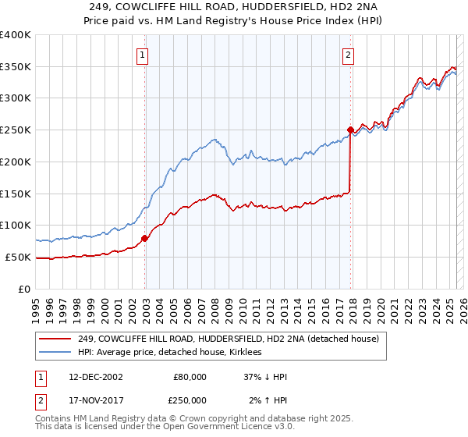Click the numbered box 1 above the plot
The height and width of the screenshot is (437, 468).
point(144,55)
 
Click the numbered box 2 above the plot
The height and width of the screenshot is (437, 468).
point(347,55)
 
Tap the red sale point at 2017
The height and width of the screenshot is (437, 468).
point(350,129)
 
